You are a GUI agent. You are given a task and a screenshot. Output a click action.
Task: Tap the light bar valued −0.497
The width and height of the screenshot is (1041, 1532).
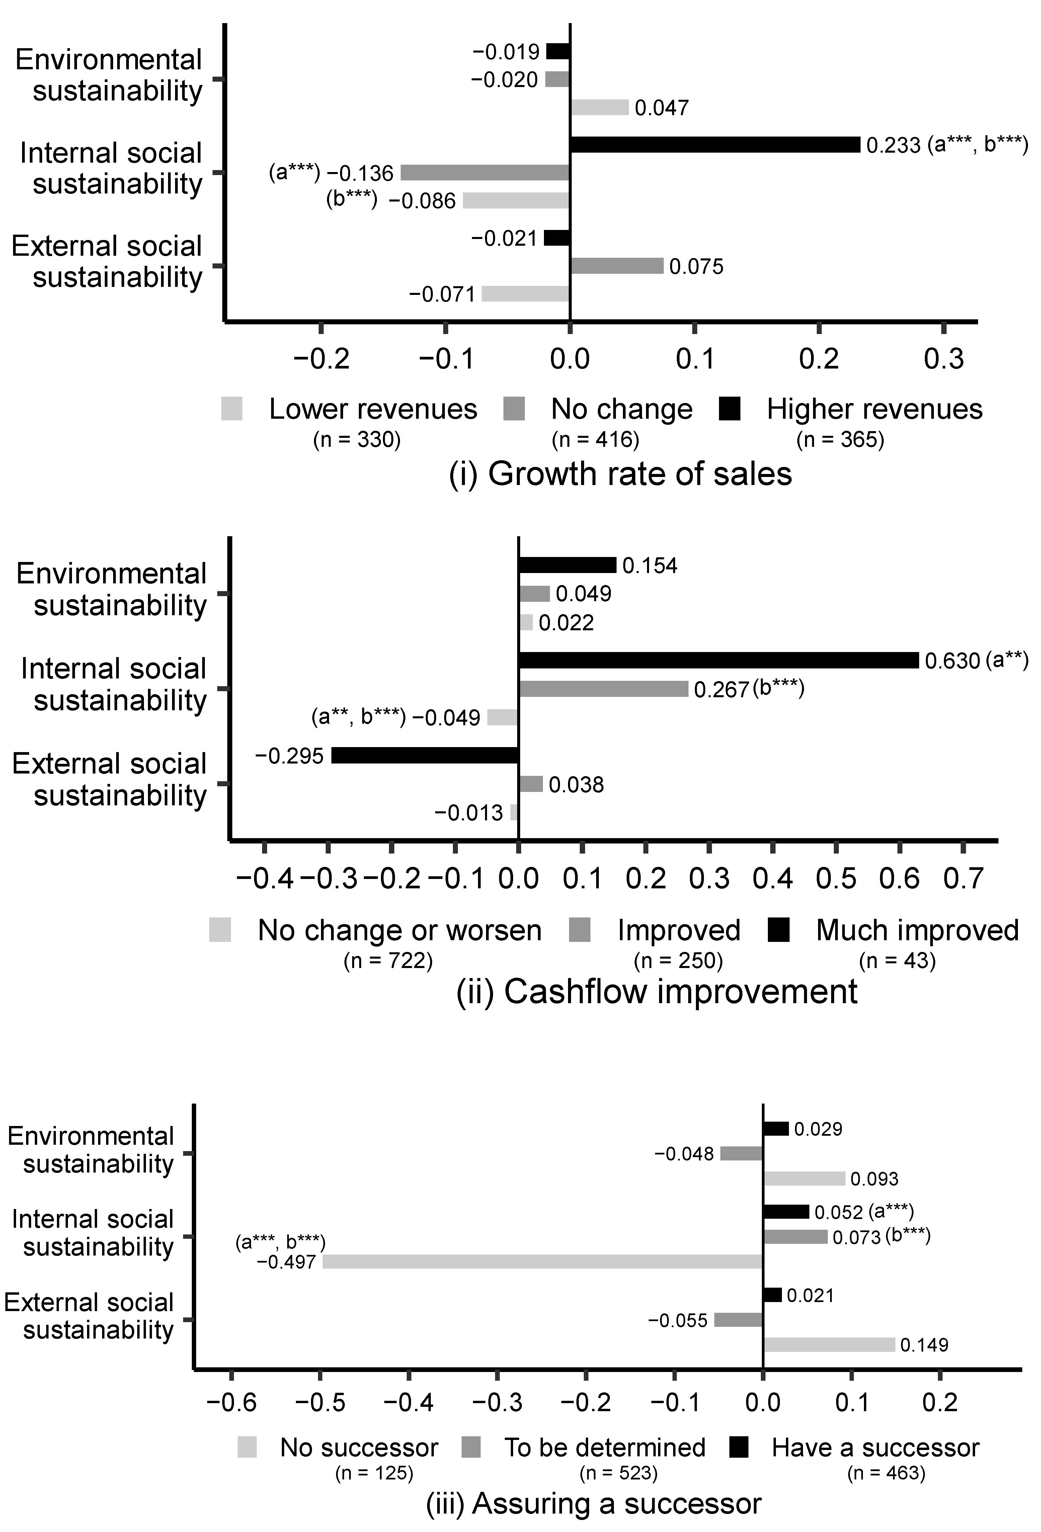[x=542, y=1262]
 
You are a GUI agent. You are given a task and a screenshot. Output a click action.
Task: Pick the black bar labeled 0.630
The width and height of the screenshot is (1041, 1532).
[x=718, y=660]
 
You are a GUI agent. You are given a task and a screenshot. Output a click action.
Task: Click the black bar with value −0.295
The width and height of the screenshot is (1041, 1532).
[x=424, y=755]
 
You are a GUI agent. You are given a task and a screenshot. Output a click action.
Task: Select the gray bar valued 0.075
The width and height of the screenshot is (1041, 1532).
[x=617, y=266]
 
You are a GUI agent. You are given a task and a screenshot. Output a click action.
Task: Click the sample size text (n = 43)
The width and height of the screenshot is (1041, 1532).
[x=897, y=961]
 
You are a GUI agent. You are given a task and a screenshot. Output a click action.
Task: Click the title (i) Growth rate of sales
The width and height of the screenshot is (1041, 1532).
[x=620, y=474]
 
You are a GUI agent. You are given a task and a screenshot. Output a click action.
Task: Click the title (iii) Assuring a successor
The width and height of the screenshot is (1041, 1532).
[x=593, y=1504]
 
